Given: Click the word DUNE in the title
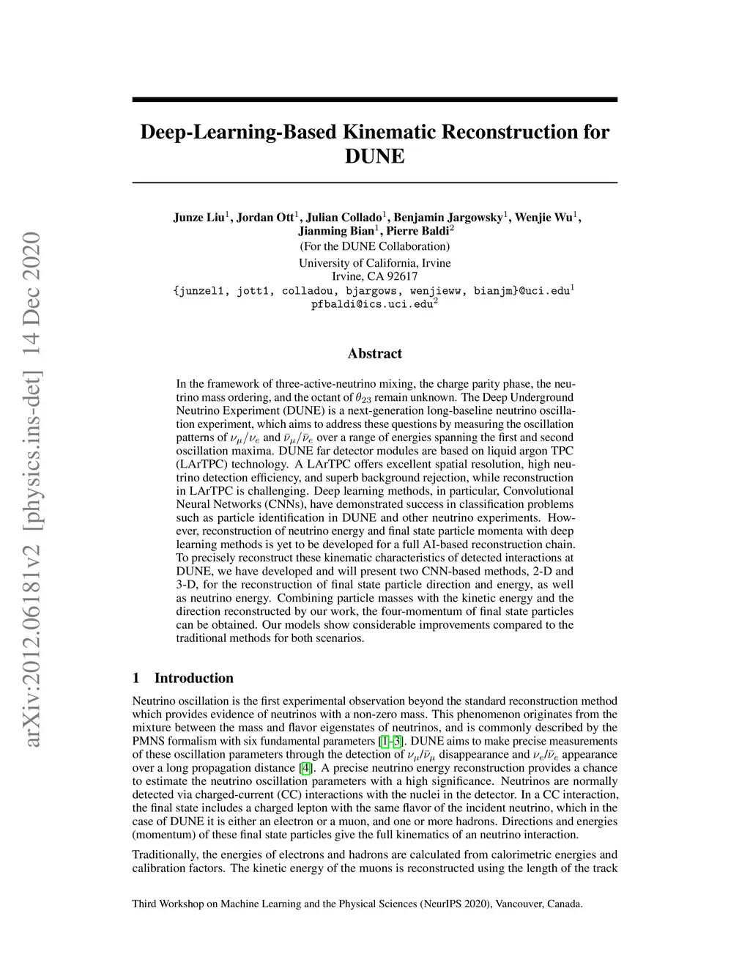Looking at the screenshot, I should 374,157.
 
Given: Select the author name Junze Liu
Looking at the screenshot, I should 200,218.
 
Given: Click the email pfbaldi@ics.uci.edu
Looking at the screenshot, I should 372,304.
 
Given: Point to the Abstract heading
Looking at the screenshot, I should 374,354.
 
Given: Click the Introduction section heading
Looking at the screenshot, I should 193,678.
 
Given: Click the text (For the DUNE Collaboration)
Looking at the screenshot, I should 374,247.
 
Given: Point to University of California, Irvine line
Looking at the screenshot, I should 374,263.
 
